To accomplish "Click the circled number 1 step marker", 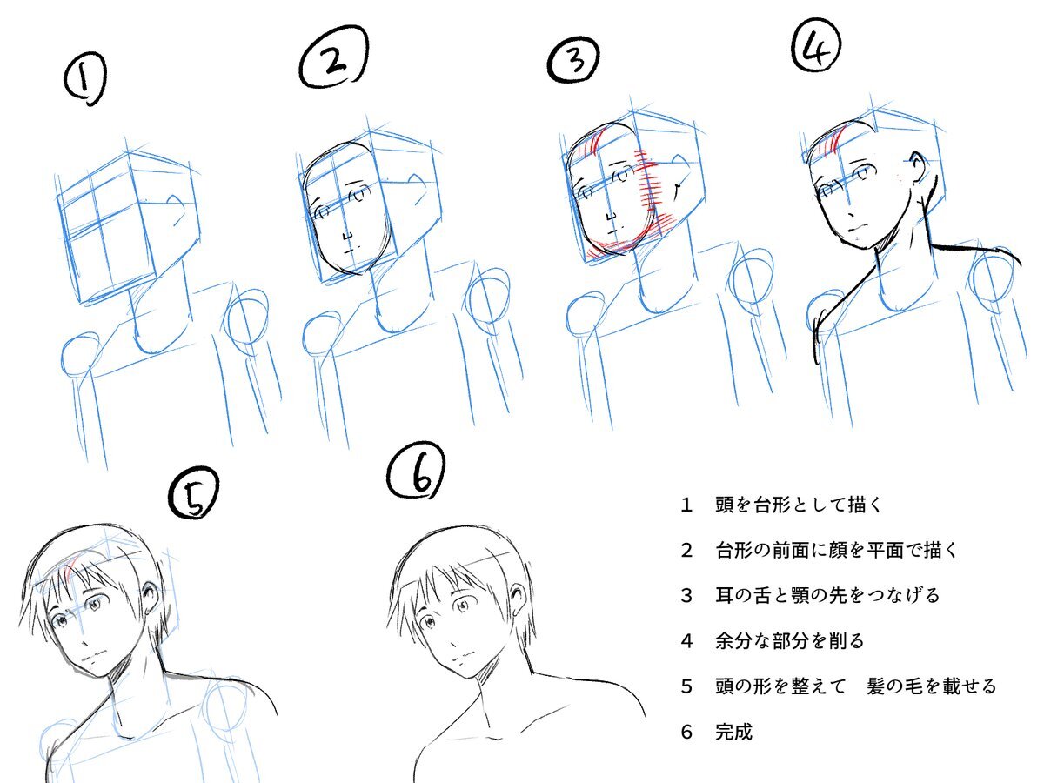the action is tap(85, 78).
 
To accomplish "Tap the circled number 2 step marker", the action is tap(334, 58).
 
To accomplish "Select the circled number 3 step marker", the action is tap(573, 59).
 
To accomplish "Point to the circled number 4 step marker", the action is tap(816, 44).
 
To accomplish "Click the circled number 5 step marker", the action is tap(194, 493).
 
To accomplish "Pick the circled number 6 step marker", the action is tap(417, 472).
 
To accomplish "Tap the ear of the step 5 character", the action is tap(151, 598).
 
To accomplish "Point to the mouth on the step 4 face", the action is tap(857, 228).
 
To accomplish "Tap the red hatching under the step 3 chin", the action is tap(613, 247).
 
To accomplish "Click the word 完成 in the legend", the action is tap(734, 732).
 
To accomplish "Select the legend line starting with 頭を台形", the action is tap(799, 505).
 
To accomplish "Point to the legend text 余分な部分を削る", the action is tap(790, 641).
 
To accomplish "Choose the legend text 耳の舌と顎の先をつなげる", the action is tap(827, 595).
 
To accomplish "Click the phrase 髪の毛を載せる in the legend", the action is tap(931, 686).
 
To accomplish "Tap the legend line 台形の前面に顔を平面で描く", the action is tap(836, 550).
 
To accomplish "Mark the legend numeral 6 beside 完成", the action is tap(686, 733).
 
